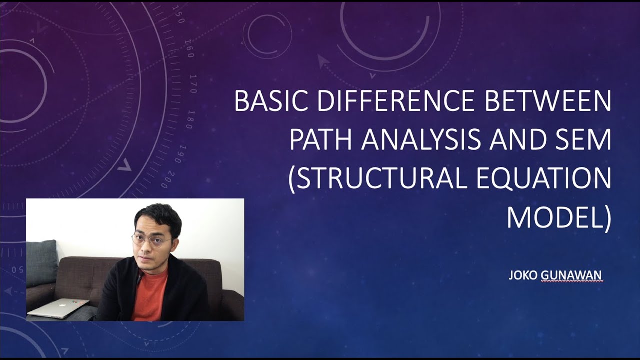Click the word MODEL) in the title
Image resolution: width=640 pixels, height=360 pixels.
559,218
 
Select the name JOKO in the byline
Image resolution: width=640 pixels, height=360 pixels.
523,275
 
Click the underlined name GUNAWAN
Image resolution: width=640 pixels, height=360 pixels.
572,275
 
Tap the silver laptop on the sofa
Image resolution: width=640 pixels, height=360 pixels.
58,308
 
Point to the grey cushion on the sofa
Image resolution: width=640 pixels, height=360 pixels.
42,262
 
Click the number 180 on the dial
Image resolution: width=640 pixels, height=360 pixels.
190,119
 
